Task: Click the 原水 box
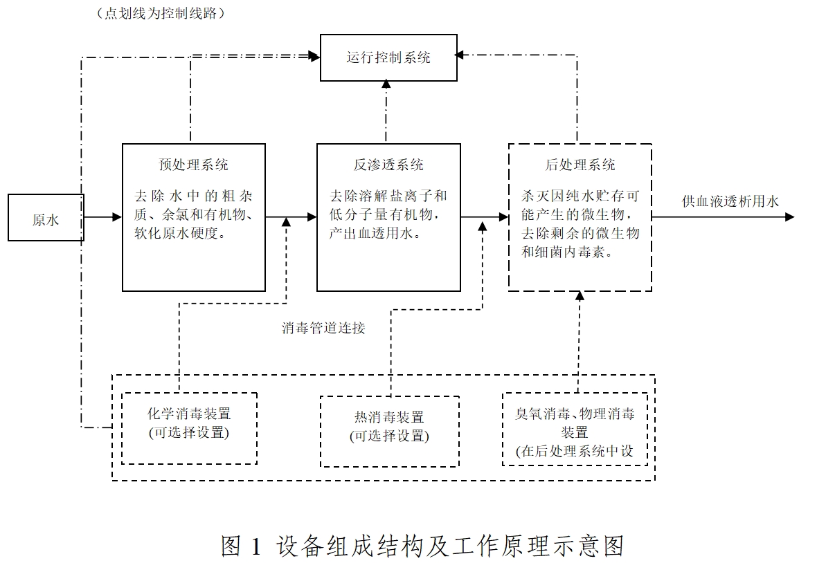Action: point(46,218)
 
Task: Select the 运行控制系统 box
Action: point(388,57)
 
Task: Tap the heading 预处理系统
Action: point(193,165)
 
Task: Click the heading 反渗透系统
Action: point(388,165)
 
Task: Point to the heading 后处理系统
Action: point(580,165)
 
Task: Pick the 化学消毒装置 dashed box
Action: point(189,427)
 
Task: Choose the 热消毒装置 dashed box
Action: point(389,430)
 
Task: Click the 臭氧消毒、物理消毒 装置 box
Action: point(575,429)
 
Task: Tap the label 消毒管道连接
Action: point(323,328)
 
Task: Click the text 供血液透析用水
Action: point(730,201)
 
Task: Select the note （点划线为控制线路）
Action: point(161,13)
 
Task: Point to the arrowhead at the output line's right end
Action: point(789,217)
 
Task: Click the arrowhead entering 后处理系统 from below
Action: point(580,296)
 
